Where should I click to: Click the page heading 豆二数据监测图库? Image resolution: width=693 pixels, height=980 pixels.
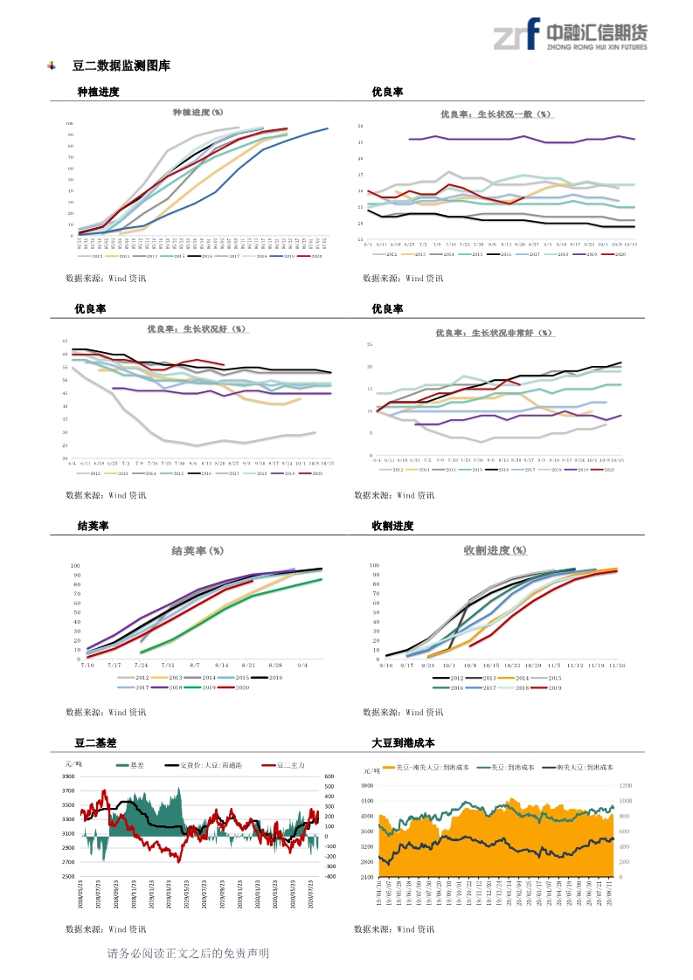coord(121,66)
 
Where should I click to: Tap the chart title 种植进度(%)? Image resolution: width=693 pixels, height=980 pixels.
coord(198,113)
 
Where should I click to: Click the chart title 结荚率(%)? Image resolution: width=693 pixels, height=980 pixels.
coord(197,551)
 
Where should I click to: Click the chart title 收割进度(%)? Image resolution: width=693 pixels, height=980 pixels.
coord(495,550)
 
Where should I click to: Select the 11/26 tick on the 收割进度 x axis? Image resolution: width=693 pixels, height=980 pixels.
coord(617,665)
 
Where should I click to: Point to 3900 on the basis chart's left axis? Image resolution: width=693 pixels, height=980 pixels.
coord(68,776)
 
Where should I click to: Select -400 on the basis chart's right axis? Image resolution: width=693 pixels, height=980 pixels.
coord(329,876)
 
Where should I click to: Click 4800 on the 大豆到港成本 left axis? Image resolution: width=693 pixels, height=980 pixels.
coord(367,785)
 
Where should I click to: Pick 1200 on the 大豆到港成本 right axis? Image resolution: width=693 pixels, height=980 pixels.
coord(627,785)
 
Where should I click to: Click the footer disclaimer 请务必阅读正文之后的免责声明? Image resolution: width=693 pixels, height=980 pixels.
coord(188,953)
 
